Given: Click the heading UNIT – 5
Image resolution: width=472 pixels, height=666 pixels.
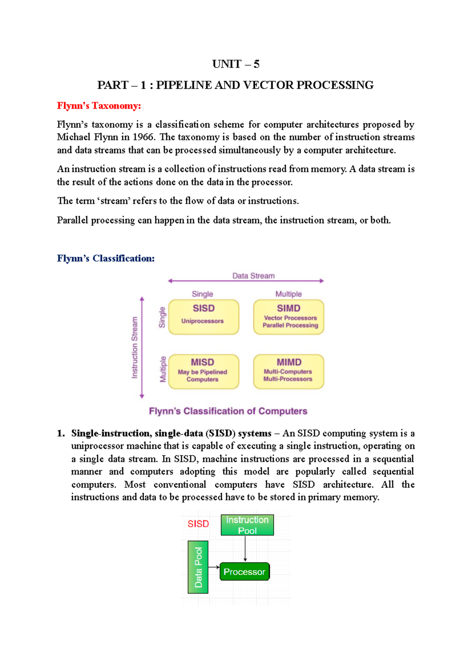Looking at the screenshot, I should (236, 64).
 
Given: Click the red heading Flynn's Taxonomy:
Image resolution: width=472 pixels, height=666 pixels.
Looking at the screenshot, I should (99, 106).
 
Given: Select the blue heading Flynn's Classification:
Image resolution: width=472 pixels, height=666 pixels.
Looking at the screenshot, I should (105, 258).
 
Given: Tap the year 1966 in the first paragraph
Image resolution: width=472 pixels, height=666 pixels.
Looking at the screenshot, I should (144, 137).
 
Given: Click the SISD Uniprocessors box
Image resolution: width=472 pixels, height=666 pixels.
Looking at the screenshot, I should (203, 317).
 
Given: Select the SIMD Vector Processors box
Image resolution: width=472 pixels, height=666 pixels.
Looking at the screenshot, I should (289, 317).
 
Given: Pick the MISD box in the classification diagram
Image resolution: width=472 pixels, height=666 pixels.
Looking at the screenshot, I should (203, 371).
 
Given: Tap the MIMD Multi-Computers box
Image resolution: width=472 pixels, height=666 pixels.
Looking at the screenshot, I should (289, 371).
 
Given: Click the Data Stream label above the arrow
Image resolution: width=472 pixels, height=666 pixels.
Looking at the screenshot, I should (253, 276).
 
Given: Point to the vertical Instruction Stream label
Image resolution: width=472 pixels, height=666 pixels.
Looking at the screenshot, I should (135, 348).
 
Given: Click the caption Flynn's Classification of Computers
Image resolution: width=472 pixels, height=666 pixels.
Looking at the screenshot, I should (228, 411).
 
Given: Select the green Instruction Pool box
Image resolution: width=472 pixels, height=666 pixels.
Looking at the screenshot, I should (247, 525).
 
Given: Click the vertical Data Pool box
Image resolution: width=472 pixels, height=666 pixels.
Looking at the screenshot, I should (198, 567).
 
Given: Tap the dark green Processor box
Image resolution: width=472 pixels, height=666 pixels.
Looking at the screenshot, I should (244, 572).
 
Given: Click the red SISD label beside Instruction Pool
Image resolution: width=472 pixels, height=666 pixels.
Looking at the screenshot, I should (198, 524).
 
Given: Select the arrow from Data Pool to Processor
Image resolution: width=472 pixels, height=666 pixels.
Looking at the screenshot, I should (214, 567).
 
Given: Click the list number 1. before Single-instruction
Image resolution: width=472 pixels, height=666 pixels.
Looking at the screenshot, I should (61, 433).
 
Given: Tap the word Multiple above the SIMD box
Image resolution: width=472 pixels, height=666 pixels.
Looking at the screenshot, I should (288, 294).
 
